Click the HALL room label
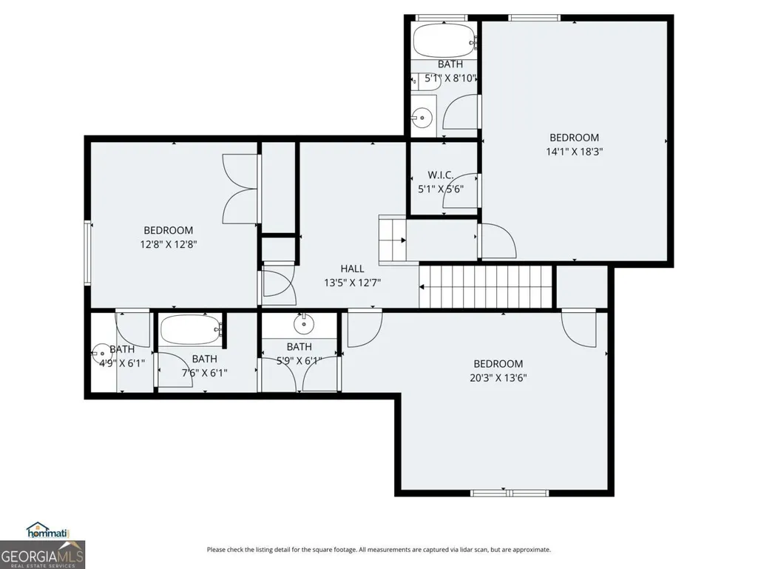[352, 269]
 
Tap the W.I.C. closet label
[441, 175]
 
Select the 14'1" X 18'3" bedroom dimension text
[575, 152]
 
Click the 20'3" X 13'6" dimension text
[498, 378]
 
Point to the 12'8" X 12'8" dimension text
[168, 244]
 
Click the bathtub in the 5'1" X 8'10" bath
[444, 41]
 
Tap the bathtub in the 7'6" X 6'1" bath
[191, 329]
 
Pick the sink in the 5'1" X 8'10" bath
[422, 118]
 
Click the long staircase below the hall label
[485, 287]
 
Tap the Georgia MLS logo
[43, 554]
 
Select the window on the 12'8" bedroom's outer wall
[87, 252]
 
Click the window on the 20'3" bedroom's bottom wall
[510, 493]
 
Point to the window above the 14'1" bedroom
[534, 18]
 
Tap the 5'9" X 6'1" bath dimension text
[300, 360]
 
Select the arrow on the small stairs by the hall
[403, 240]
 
